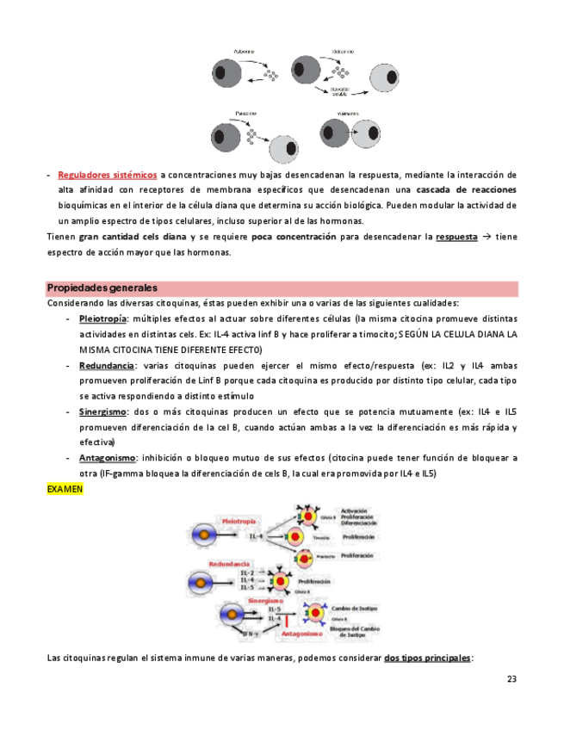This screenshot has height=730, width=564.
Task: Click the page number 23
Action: coord(511,679)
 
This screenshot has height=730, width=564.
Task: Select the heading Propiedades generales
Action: coord(102,288)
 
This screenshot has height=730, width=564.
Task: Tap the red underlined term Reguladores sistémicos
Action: coord(107,176)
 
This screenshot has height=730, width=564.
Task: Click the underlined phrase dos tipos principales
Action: coord(427,659)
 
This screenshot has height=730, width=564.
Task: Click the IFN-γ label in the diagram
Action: coord(250,632)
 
